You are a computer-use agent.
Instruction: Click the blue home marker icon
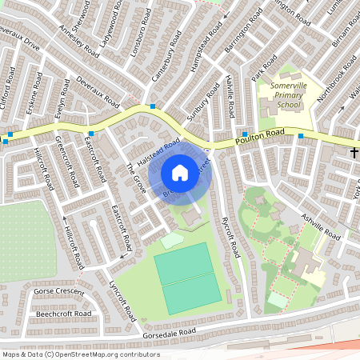(x=180, y=172)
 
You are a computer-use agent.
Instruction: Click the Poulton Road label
(x=261, y=136)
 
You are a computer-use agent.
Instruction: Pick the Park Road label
(x=258, y=67)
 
